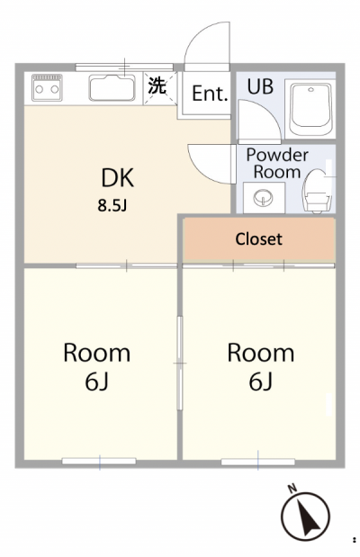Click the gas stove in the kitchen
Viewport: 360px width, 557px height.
point(47,87)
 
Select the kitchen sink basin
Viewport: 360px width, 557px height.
point(112,87)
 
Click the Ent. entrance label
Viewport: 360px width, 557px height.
point(210,94)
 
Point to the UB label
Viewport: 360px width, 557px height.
point(260,86)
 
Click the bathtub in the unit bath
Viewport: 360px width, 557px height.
point(310,109)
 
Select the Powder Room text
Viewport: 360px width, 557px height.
point(277,164)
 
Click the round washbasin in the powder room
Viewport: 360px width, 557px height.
point(264,197)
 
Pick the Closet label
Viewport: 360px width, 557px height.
point(258,239)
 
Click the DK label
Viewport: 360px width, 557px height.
point(118,178)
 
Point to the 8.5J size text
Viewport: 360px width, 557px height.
point(112,205)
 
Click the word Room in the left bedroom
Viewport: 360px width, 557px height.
point(96,353)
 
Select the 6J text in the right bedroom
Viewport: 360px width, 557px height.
point(260,382)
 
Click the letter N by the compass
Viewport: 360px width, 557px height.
point(292,489)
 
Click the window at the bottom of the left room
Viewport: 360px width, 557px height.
point(99,461)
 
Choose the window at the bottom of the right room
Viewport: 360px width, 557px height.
point(258,462)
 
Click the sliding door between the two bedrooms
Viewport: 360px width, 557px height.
point(180,363)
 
